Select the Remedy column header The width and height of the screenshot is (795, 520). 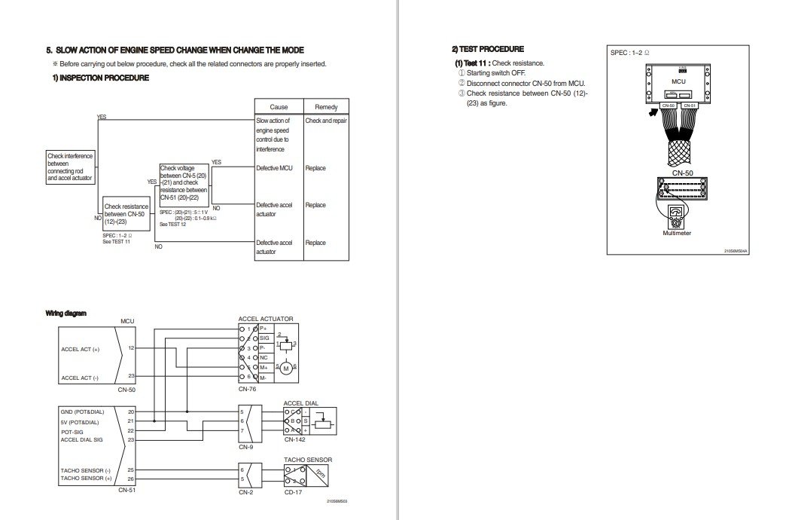pyautogui.click(x=325, y=107)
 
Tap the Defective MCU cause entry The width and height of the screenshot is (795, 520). pyautogui.click(x=274, y=168)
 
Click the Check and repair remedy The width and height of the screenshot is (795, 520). pyautogui.click(x=325, y=121)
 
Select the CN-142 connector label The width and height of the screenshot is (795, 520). pyautogui.click(x=294, y=439)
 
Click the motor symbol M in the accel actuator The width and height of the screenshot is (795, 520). pyautogui.click(x=285, y=368)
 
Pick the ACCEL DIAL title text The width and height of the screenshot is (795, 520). pyautogui.click(x=301, y=403)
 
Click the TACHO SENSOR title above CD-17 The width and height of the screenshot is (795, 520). pyautogui.click(x=307, y=459)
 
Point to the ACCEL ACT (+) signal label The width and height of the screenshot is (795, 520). pyautogui.click(x=80, y=349)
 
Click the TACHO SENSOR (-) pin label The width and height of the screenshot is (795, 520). pyautogui.click(x=86, y=470)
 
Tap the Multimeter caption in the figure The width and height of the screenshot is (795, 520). pyautogui.click(x=676, y=233)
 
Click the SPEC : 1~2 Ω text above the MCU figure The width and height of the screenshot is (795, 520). pyautogui.click(x=629, y=54)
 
